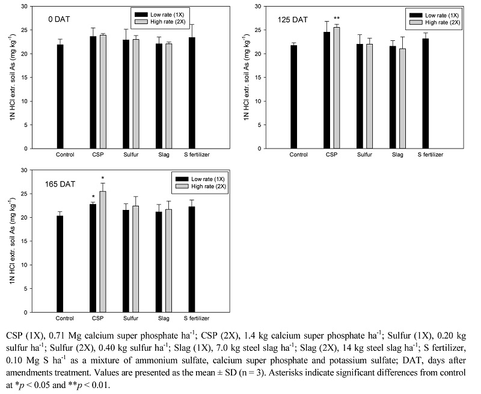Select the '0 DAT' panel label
(x=60, y=20)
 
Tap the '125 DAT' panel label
(x=293, y=20)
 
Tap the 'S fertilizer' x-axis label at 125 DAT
(x=430, y=155)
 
